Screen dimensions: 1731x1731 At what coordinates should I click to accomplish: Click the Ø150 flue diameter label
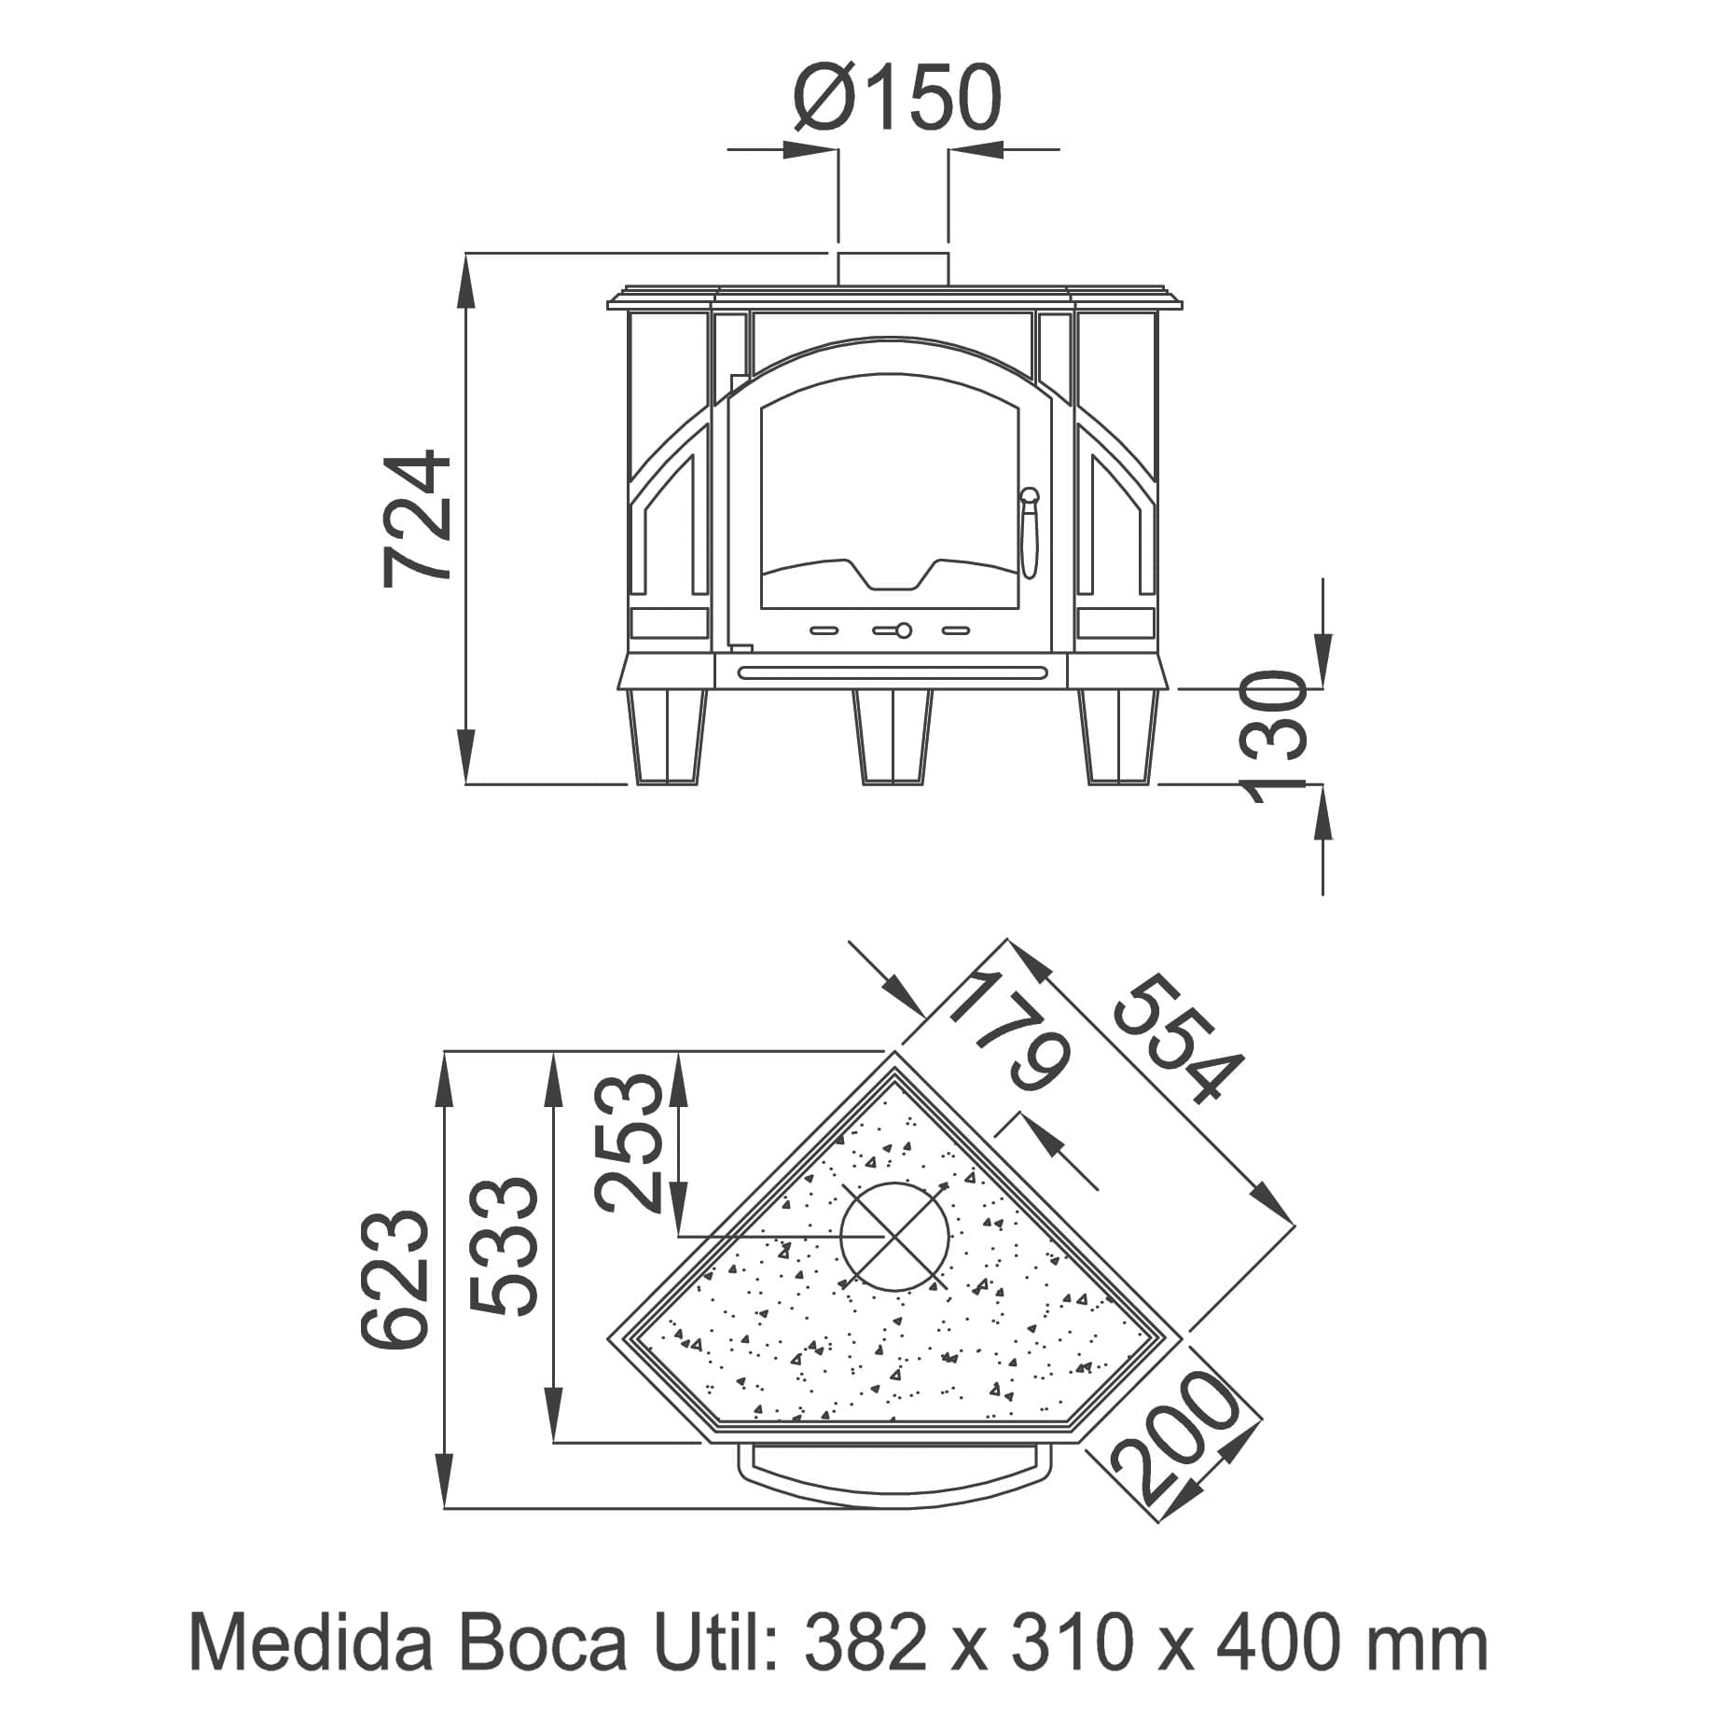[x=897, y=97]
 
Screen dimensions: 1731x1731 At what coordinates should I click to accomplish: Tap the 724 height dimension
[x=417, y=519]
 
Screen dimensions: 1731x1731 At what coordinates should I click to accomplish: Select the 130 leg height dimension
[x=1277, y=737]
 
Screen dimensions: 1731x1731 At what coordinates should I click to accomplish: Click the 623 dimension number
[x=395, y=1278]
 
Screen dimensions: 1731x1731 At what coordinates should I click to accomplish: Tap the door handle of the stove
[x=1029, y=533]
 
